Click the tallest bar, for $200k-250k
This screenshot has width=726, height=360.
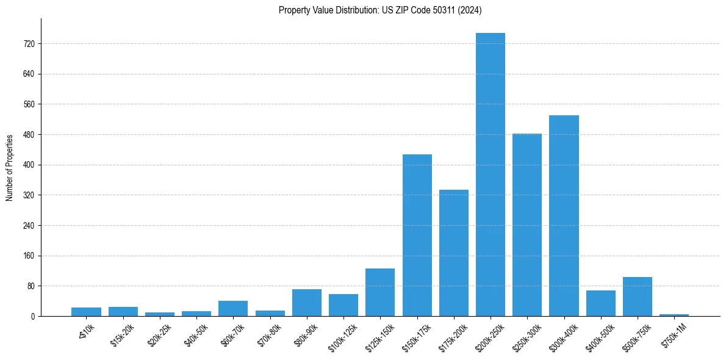click(x=491, y=175)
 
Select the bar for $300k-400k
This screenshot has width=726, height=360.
click(x=564, y=215)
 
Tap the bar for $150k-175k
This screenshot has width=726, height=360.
click(x=417, y=235)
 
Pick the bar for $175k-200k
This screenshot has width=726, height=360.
click(x=454, y=253)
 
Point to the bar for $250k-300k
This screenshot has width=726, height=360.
click(x=527, y=225)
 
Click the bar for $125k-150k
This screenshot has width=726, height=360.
click(x=380, y=292)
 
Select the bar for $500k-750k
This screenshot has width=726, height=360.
click(x=638, y=297)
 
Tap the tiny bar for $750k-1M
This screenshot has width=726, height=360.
click(x=674, y=315)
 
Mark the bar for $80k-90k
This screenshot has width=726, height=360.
click(x=307, y=303)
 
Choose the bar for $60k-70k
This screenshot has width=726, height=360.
click(x=233, y=308)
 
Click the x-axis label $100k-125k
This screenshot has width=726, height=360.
click(x=343, y=334)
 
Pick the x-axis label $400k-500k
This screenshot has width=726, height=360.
click(x=600, y=334)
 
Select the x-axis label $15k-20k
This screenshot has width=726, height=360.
click(x=123, y=333)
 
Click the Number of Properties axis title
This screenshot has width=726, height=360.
click(x=9, y=168)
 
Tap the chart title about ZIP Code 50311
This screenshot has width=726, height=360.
click(x=380, y=10)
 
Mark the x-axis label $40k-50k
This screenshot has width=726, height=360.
click(x=196, y=333)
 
